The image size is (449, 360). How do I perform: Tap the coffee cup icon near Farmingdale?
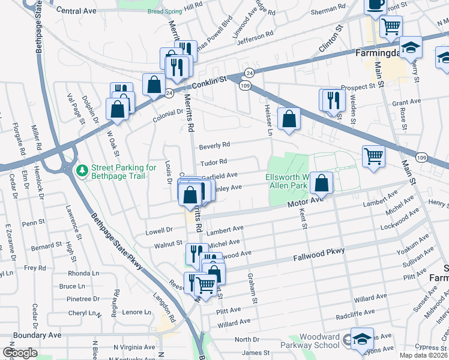(x=376, y=5)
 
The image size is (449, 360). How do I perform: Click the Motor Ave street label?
(x=304, y=204)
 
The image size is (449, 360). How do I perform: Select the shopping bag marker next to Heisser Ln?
(x=289, y=119)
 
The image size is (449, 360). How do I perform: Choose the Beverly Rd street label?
(x=215, y=145)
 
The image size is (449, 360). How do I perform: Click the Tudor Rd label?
(x=214, y=162)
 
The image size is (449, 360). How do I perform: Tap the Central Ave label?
(x=76, y=11)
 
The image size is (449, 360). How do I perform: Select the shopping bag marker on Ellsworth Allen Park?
(x=322, y=184)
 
